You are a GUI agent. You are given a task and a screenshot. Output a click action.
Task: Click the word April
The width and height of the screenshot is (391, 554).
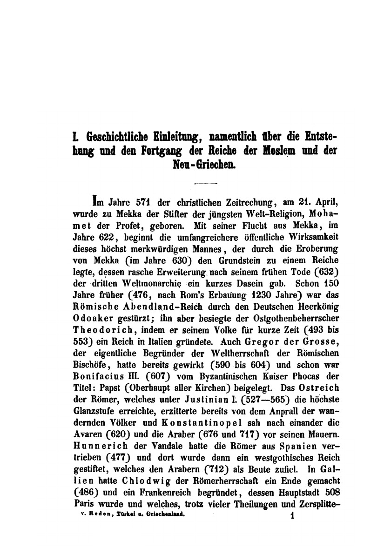pyautogui.click(x=318, y=203)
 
